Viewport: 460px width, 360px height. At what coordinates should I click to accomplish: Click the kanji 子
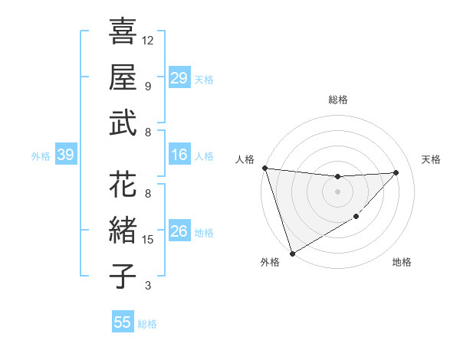[123, 276]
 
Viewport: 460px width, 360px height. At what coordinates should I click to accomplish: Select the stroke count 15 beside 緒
[148, 240]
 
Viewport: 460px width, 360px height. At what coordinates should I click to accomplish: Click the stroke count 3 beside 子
[148, 286]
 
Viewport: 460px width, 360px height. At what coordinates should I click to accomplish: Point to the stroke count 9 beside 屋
[148, 86]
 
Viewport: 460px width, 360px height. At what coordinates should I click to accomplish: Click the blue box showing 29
[179, 78]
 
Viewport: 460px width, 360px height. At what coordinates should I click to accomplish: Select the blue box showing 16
[179, 155]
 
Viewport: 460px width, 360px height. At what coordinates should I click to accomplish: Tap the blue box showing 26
[179, 232]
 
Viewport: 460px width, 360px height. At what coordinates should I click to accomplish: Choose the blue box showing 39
[65, 155]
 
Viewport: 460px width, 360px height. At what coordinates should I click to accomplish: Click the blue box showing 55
[123, 322]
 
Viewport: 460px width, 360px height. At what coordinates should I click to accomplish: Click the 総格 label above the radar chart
[337, 100]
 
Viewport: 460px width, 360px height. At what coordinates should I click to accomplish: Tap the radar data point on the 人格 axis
[264, 168]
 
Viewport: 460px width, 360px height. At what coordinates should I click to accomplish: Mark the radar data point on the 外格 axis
[292, 253]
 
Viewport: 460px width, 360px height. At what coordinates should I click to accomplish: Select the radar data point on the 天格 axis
[396, 172]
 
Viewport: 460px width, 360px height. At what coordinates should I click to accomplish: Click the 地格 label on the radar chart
[402, 262]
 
